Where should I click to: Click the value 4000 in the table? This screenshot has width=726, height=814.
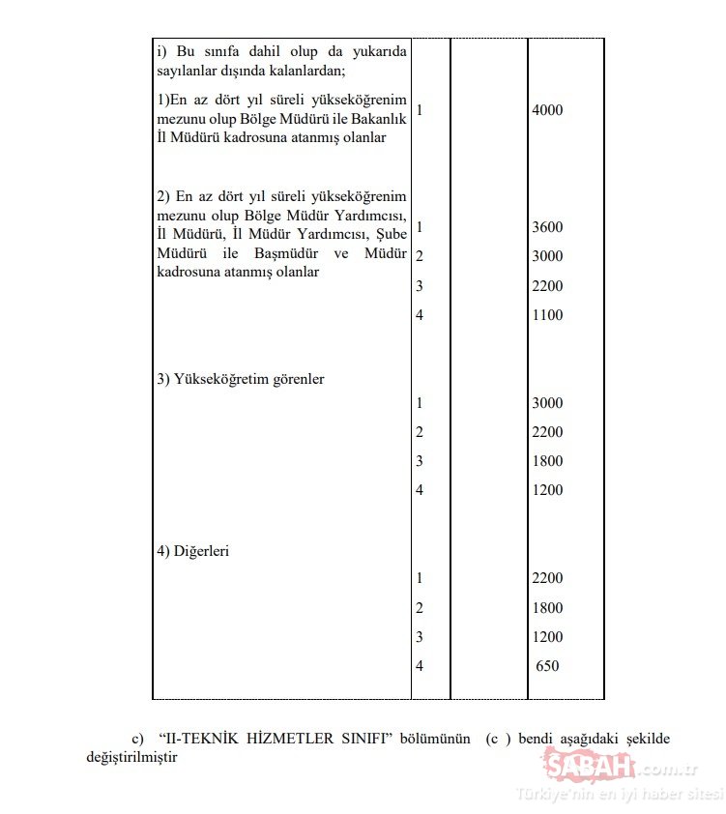point(547,110)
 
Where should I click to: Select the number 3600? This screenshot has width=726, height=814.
point(547,227)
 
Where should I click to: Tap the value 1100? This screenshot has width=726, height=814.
point(547,315)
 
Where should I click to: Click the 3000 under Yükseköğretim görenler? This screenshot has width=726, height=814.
point(547,403)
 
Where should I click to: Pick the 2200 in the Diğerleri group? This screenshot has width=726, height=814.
point(547,578)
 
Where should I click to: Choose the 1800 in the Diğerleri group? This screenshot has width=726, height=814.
point(547,608)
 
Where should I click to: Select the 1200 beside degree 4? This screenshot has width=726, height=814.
point(547,490)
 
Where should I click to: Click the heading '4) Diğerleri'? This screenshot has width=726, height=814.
point(192,551)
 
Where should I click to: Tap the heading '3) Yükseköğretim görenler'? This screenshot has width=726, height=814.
point(241,379)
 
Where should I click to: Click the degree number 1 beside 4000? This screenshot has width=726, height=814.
point(420,110)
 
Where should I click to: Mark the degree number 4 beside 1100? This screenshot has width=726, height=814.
point(420,315)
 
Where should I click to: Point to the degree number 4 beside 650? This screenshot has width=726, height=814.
point(420,666)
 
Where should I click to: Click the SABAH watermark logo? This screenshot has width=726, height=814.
point(591,768)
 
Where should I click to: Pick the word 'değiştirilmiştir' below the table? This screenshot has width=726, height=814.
point(131,757)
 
